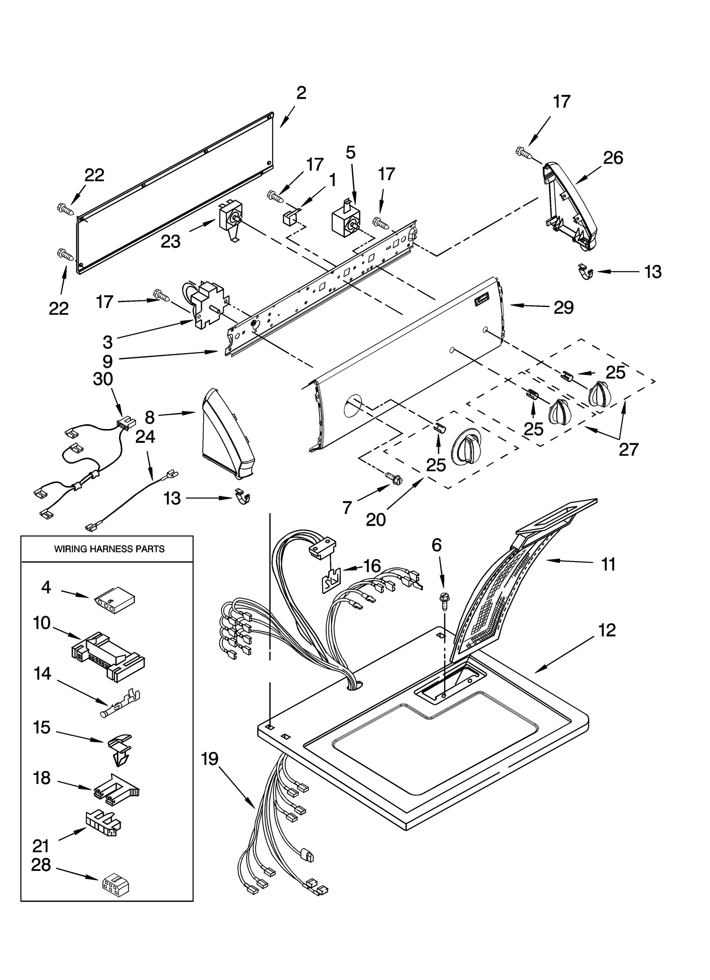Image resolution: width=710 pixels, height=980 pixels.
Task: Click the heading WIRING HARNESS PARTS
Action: click(x=109, y=549)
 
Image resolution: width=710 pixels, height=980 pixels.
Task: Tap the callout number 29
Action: click(x=564, y=307)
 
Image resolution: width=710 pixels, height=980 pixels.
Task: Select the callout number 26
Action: click(x=613, y=157)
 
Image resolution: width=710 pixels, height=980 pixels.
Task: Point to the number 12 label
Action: click(x=607, y=630)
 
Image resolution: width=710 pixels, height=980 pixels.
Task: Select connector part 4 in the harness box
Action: click(x=115, y=604)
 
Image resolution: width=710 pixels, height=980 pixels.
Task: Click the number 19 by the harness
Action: click(x=210, y=759)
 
